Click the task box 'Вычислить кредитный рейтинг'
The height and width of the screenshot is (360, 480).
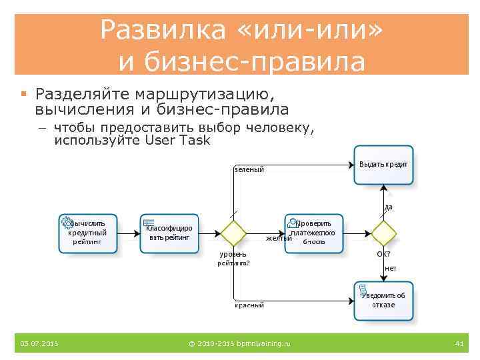(x=88, y=233)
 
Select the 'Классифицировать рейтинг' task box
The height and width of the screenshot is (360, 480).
(x=170, y=233)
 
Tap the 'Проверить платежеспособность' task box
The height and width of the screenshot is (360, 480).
(x=315, y=233)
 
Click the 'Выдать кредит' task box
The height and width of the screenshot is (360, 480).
(x=383, y=165)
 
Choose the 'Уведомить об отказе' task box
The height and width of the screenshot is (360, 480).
(x=383, y=301)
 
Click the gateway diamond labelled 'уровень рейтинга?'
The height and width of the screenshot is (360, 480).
(x=233, y=233)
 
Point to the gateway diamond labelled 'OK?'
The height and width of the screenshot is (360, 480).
(x=383, y=233)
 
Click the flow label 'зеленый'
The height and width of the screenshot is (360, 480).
(x=249, y=169)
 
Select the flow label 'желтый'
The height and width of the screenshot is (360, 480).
(x=279, y=238)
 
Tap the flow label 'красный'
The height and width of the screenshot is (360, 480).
(x=249, y=305)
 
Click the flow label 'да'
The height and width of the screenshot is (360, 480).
(x=389, y=207)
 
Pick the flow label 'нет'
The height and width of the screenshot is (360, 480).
(x=391, y=267)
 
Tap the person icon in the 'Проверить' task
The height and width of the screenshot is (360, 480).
(x=291, y=223)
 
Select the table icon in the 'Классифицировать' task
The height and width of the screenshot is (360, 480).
(x=149, y=223)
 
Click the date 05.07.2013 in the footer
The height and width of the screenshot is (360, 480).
(x=39, y=343)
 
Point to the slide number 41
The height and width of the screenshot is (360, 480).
(x=459, y=343)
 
